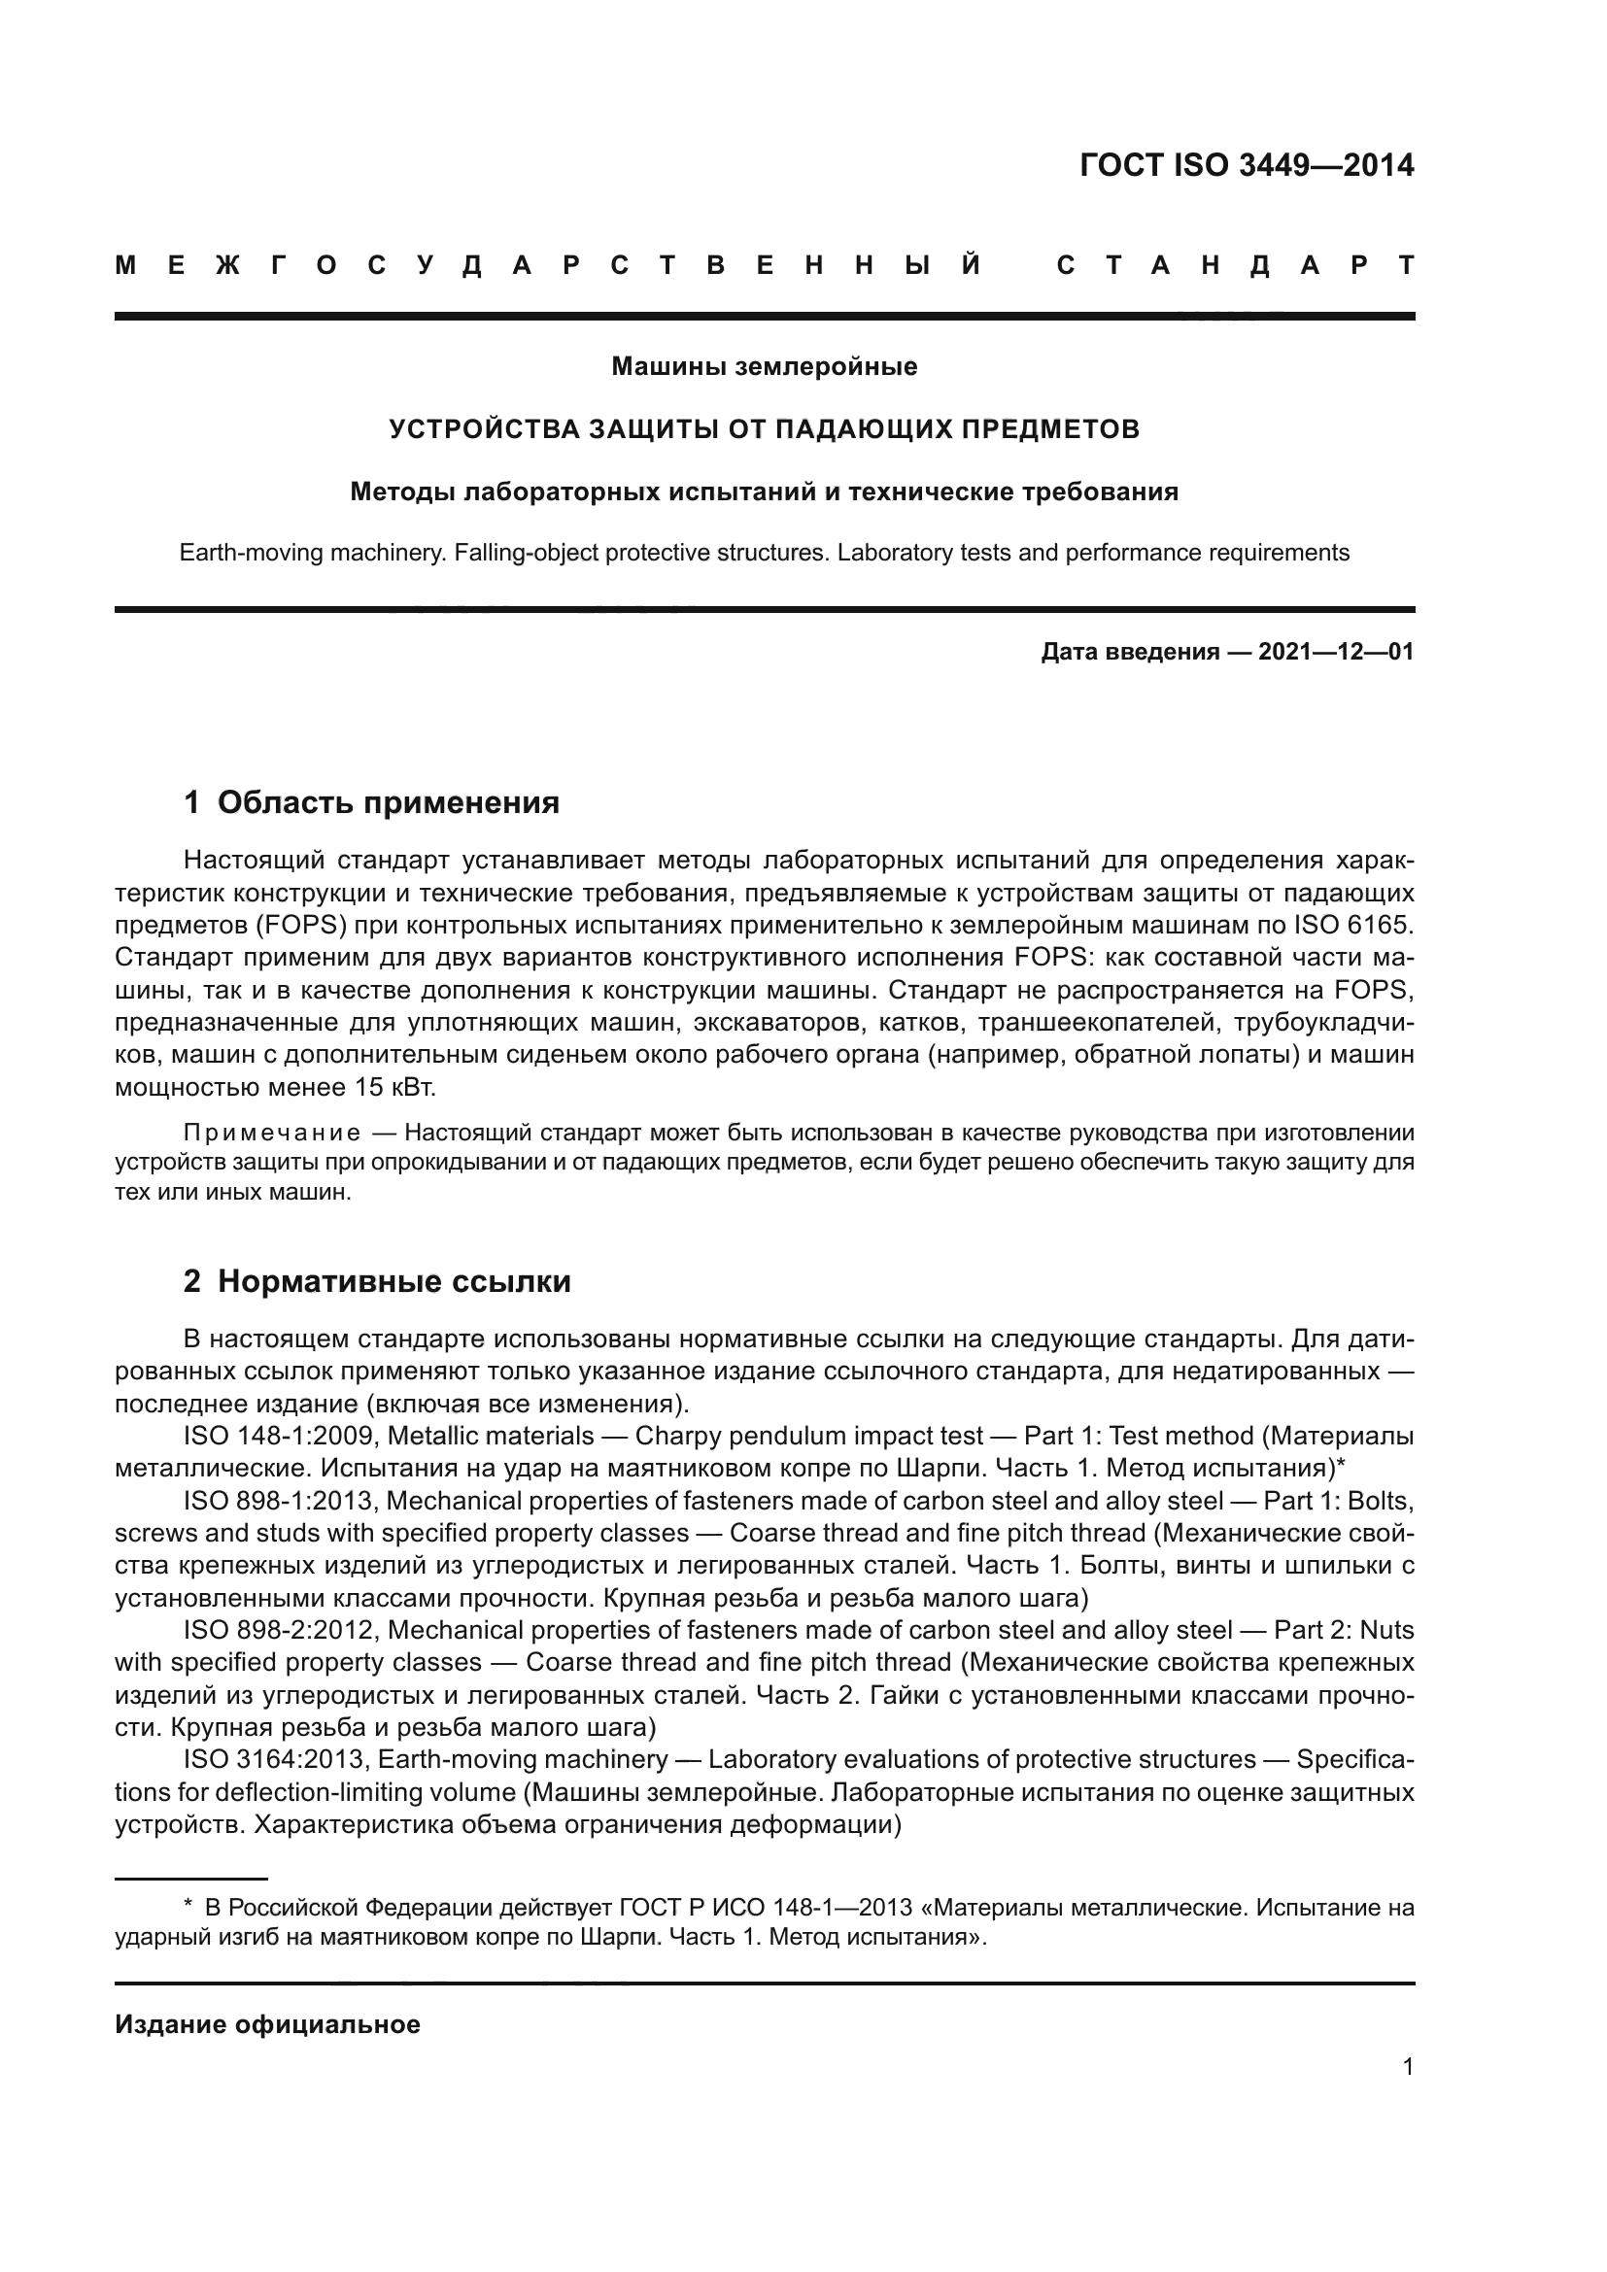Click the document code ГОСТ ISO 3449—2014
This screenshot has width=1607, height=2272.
(1246, 165)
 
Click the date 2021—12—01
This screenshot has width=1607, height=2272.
(1335, 652)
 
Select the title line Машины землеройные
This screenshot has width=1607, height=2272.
(764, 367)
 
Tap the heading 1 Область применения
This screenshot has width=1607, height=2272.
(372, 802)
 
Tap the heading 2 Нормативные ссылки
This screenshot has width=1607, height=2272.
(377, 1281)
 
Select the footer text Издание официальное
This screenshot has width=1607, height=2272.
(268, 2024)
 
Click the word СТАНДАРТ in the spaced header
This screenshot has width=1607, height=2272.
(1235, 265)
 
